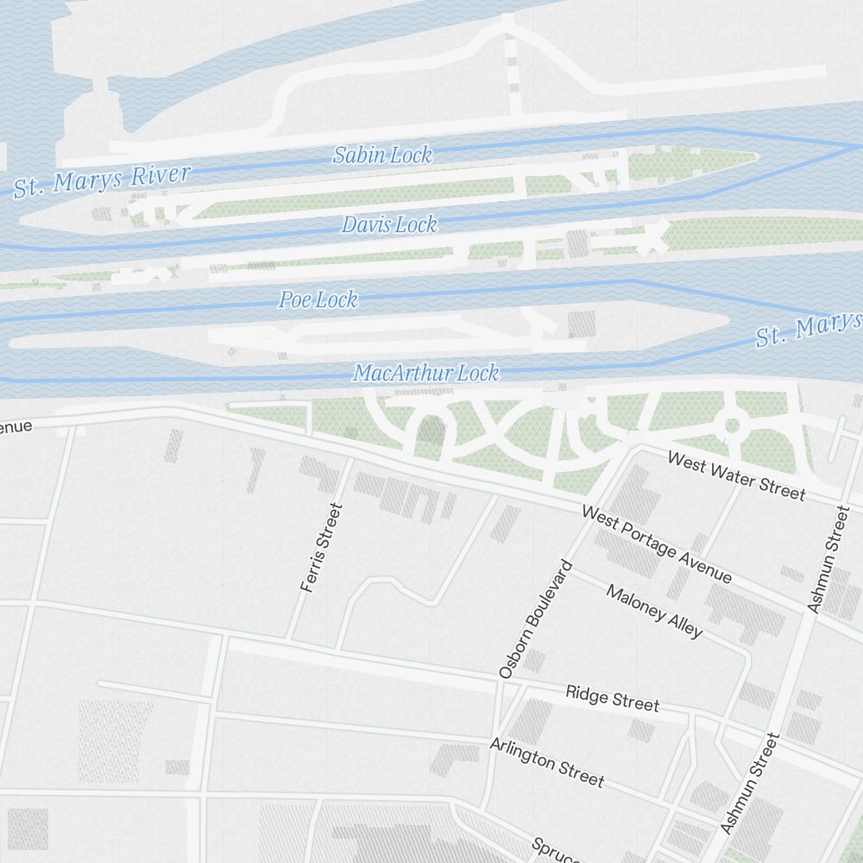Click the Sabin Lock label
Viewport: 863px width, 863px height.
pyautogui.click(x=382, y=155)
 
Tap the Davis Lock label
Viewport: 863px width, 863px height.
pyautogui.click(x=389, y=225)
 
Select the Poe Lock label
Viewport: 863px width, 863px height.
pyautogui.click(x=318, y=300)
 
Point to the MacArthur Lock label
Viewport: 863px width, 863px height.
pyautogui.click(x=425, y=374)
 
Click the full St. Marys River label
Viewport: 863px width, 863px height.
pyautogui.click(x=102, y=180)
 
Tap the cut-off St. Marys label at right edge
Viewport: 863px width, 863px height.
pyautogui.click(x=808, y=329)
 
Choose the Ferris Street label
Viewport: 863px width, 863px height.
pyautogui.click(x=322, y=548)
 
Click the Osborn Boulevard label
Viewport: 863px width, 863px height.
pyautogui.click(x=536, y=619)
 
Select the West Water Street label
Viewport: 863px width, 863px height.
pyautogui.click(x=736, y=476)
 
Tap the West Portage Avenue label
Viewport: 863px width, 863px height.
pyautogui.click(x=657, y=545)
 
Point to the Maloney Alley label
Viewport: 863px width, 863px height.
pyautogui.click(x=654, y=611)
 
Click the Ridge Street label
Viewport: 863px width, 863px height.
pyautogui.click(x=612, y=698)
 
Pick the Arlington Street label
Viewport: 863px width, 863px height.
pyautogui.click(x=546, y=762)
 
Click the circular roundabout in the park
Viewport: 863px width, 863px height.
pyautogui.click(x=733, y=425)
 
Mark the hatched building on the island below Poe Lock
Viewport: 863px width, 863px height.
pyautogui.click(x=582, y=324)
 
